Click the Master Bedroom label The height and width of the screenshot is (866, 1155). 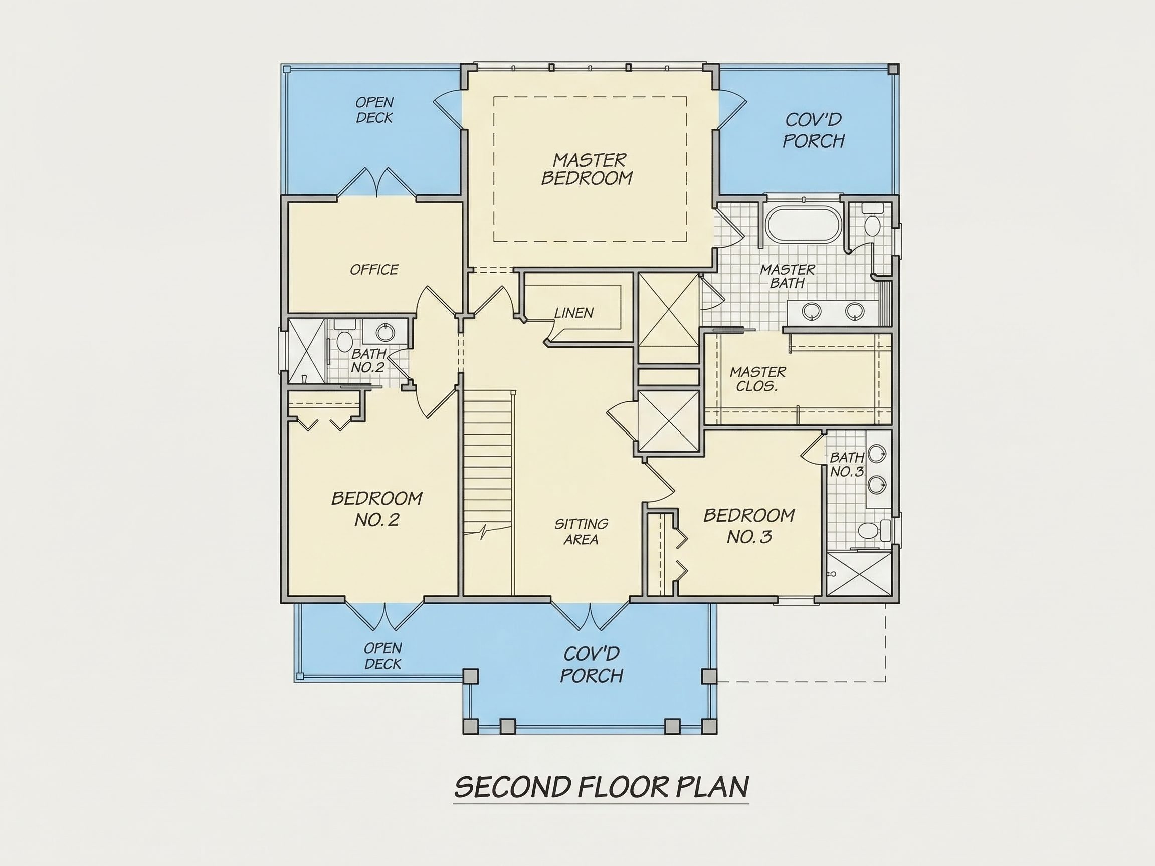587,168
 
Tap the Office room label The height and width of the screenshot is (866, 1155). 374,269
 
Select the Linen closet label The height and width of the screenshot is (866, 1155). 574,313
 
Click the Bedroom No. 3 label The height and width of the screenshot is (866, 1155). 749,526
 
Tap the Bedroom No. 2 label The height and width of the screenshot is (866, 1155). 376,509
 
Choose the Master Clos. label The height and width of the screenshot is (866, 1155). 757,379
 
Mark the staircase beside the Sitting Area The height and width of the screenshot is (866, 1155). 489,493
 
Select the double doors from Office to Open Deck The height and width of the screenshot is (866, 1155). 376,182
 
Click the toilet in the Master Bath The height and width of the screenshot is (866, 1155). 871,221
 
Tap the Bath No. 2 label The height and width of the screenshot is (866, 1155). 368,361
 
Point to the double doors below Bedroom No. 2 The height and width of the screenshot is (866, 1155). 384,616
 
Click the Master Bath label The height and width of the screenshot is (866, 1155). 787,276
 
